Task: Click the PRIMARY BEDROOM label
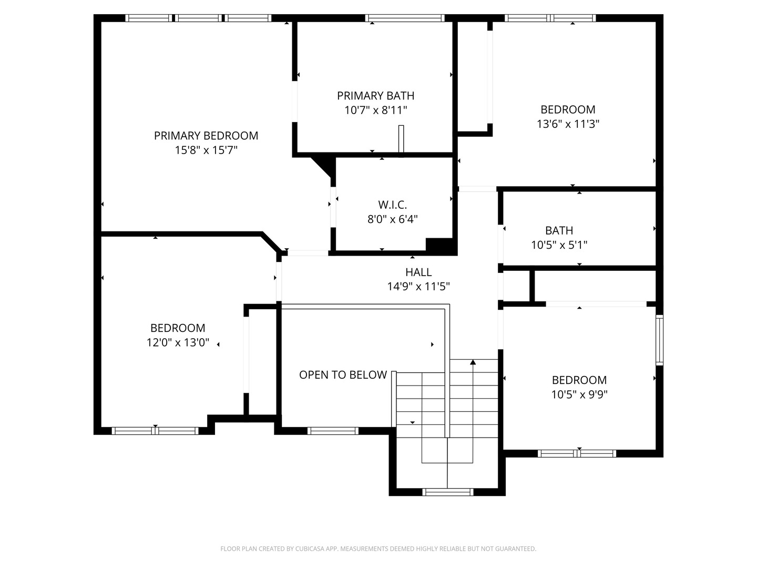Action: click(x=206, y=136)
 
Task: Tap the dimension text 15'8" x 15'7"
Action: click(x=206, y=150)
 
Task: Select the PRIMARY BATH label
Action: click(x=375, y=96)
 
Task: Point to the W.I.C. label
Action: click(x=392, y=205)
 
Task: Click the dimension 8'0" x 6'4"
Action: click(x=392, y=219)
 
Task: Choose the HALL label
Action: click(x=418, y=272)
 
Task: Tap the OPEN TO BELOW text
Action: click(x=343, y=375)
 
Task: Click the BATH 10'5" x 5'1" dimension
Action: click(x=559, y=245)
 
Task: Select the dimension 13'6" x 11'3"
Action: click(x=568, y=124)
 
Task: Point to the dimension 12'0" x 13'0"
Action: click(x=178, y=343)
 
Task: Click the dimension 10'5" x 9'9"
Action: click(x=579, y=394)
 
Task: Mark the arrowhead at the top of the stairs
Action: click(x=473, y=362)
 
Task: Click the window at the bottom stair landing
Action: click(x=448, y=492)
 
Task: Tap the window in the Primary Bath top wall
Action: click(x=405, y=18)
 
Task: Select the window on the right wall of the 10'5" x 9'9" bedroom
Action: click(x=659, y=340)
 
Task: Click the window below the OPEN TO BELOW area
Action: click(x=333, y=431)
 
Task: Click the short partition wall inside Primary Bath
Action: click(x=401, y=140)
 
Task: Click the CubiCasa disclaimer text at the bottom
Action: click(x=378, y=549)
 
